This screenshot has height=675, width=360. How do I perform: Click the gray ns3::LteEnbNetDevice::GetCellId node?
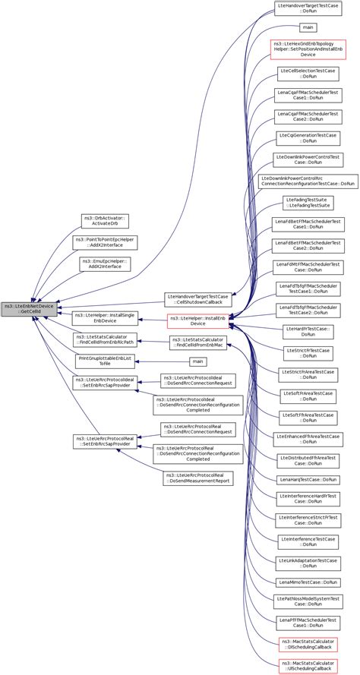click(29, 309)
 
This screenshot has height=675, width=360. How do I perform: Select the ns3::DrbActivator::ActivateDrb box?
click(105, 221)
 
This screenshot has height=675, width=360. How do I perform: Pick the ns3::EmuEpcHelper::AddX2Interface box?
click(105, 263)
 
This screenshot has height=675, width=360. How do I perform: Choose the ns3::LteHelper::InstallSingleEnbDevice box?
click(105, 319)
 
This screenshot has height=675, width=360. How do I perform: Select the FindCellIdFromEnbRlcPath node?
click(105, 341)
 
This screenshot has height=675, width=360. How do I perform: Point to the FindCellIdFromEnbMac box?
click(197, 343)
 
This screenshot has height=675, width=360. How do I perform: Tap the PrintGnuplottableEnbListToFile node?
click(105, 361)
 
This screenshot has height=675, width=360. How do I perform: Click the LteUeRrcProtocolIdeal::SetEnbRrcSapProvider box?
click(105, 383)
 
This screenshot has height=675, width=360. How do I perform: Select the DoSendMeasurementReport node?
click(197, 478)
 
